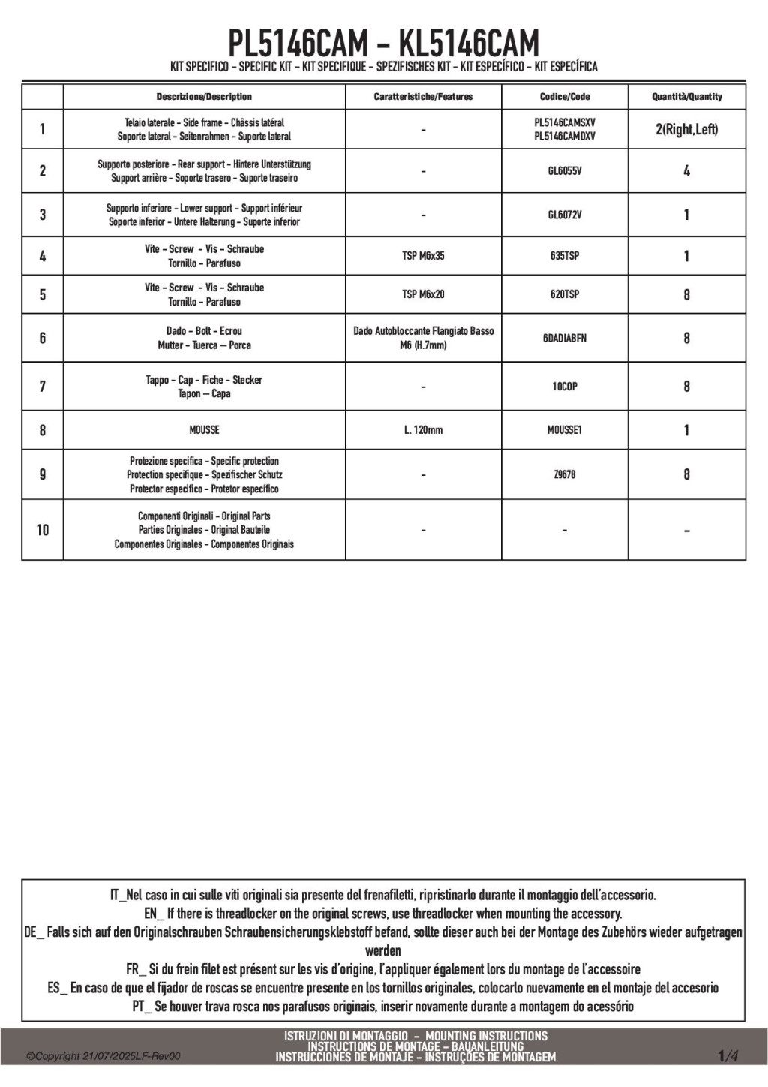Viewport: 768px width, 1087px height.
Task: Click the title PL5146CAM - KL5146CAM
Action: click(383, 43)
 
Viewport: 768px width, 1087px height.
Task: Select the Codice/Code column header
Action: click(564, 97)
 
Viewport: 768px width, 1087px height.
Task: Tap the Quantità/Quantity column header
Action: click(686, 97)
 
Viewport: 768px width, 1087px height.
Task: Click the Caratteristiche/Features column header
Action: click(423, 97)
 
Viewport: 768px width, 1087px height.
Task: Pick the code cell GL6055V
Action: click(564, 171)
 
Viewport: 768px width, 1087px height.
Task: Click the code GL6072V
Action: click(564, 215)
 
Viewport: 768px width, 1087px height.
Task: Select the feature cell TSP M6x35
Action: click(423, 256)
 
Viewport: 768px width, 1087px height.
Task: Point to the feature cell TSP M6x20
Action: click(423, 294)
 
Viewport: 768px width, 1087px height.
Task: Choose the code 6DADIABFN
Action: click(564, 338)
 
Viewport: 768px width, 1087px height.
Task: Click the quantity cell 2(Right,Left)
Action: click(686, 129)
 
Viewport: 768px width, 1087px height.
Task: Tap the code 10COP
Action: click(564, 387)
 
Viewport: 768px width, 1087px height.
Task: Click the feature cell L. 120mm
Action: click(423, 430)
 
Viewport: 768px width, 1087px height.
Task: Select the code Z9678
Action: click(564, 474)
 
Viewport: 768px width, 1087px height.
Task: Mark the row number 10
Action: click(43, 530)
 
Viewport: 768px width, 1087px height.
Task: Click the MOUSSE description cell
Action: click(204, 430)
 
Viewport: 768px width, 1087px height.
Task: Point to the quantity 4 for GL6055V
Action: click(686, 171)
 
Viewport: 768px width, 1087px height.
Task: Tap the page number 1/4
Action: click(727, 1056)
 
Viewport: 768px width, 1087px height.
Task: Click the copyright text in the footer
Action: click(103, 1057)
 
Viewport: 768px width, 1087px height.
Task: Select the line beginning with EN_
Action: click(383, 914)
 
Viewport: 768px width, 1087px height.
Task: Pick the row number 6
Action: click(43, 338)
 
